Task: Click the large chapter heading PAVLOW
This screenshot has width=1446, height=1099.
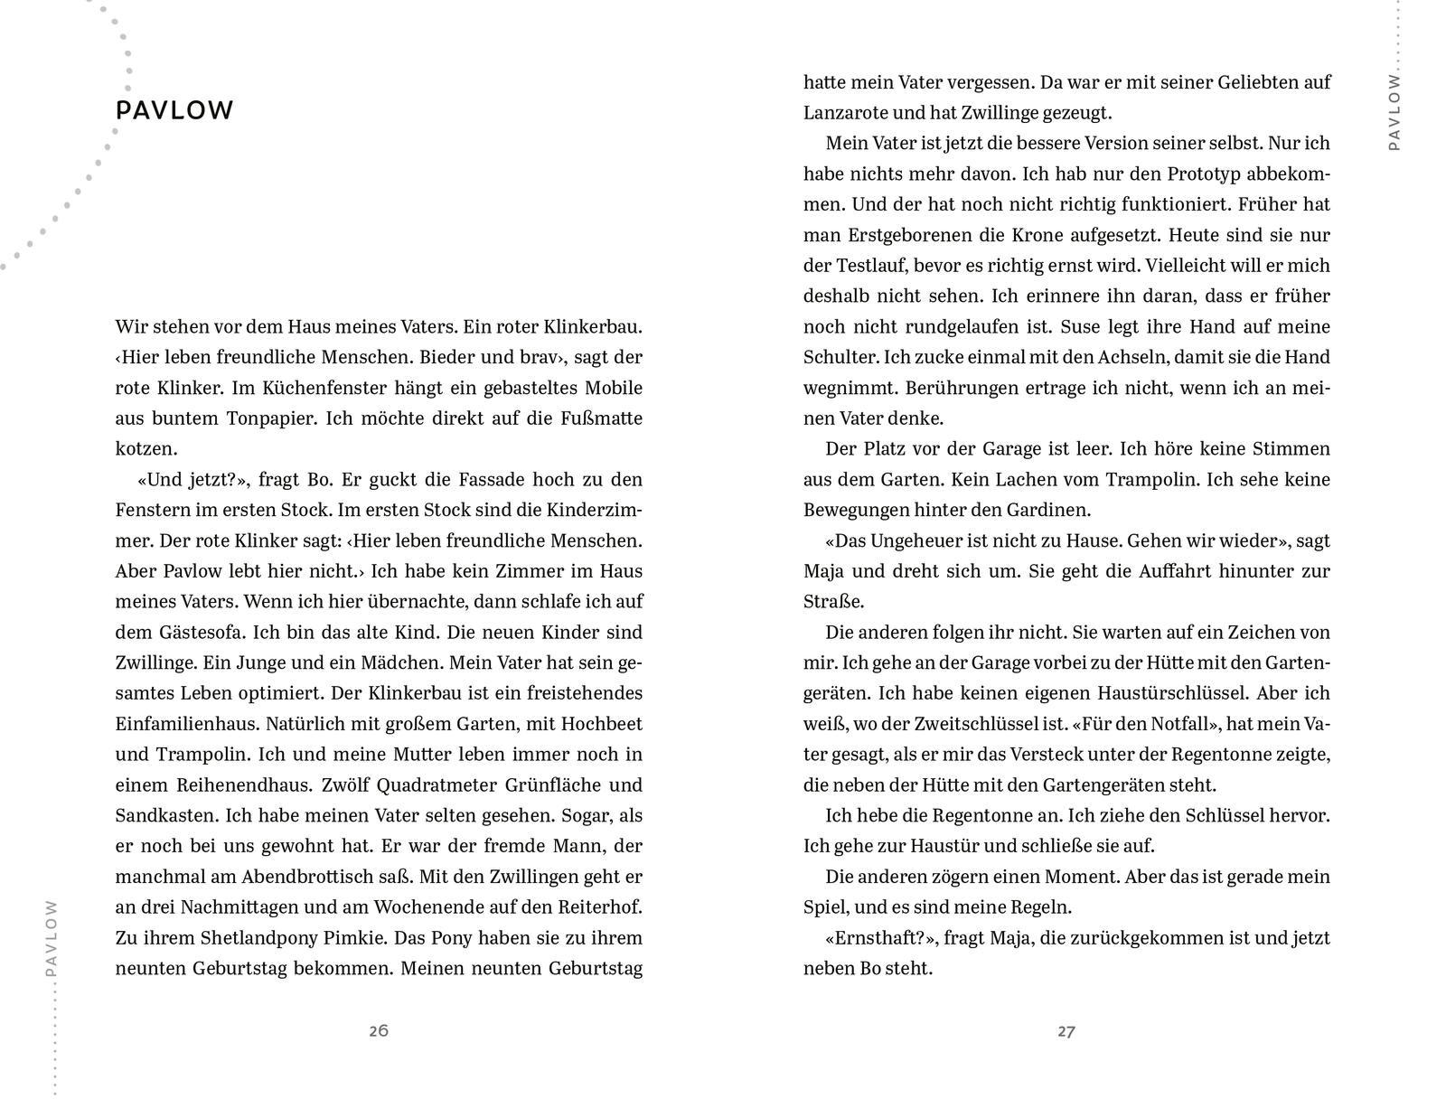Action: click(x=174, y=110)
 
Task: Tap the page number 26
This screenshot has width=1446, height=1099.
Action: click(x=379, y=1030)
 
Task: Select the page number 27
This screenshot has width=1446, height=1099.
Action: click(x=1066, y=1031)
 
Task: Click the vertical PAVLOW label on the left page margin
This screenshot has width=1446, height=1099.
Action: click(x=52, y=937)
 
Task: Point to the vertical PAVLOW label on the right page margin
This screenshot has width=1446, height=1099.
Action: click(x=1394, y=112)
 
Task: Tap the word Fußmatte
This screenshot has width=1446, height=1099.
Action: click(x=597, y=418)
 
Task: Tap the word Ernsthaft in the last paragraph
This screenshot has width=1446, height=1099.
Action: click(x=876, y=937)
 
